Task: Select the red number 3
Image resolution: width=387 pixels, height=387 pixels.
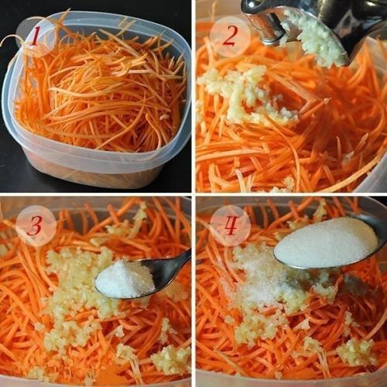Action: click(x=35, y=226)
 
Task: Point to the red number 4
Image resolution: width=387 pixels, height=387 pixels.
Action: click(x=230, y=226)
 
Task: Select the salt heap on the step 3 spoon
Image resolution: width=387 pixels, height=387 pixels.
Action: click(x=124, y=279)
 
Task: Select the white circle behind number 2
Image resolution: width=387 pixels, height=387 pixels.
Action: click(x=230, y=36)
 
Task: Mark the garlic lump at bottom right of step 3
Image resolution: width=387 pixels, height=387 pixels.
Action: click(x=170, y=360)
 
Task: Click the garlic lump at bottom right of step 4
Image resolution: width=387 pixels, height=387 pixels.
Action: click(x=356, y=352)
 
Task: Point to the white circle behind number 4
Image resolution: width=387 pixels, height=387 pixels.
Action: click(x=230, y=226)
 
